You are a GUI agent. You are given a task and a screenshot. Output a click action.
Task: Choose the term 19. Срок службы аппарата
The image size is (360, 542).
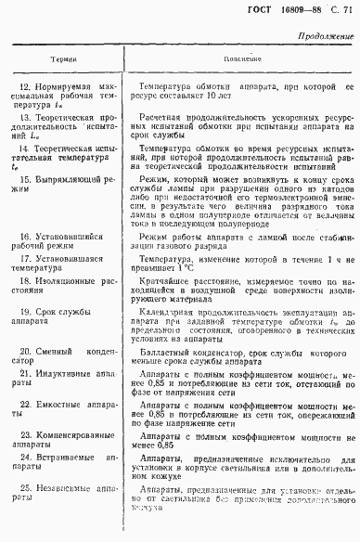coord(56,319)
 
